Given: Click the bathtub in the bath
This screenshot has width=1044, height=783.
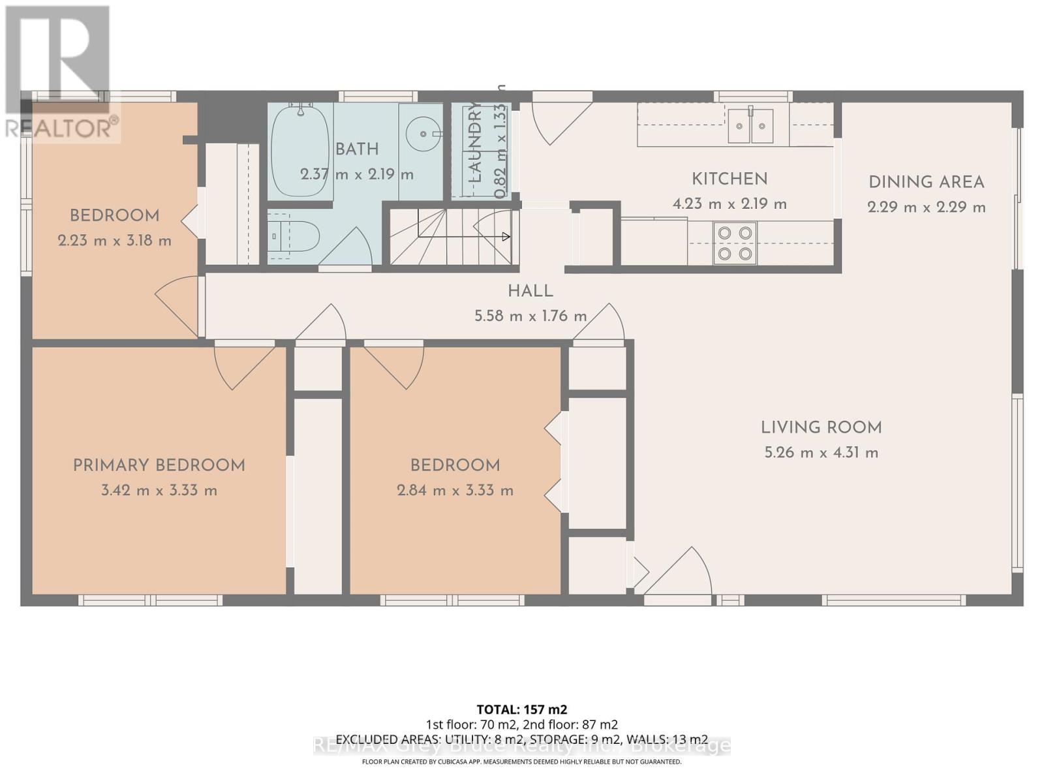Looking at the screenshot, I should [x=299, y=151].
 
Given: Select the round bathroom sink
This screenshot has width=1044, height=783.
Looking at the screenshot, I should [x=421, y=134].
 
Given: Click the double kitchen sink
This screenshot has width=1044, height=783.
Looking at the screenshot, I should [x=750, y=125].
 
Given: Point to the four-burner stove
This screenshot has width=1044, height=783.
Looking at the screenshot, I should [x=735, y=243].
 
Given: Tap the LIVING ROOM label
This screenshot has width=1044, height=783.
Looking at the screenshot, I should [x=821, y=427].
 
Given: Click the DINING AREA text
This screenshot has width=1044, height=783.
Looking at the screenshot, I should [x=926, y=182].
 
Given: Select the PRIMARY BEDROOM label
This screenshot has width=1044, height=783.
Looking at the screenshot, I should [x=159, y=465].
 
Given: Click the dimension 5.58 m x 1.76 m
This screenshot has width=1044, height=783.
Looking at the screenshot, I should [x=530, y=316].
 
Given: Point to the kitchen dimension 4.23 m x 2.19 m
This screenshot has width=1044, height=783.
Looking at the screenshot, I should [x=729, y=204].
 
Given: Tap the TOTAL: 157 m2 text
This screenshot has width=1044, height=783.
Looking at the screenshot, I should [x=521, y=709].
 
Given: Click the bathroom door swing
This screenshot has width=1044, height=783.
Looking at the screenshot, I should [x=349, y=248].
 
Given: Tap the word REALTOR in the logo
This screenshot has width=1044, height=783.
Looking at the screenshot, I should [x=59, y=128].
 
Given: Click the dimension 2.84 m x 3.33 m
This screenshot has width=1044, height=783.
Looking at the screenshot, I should [x=455, y=490].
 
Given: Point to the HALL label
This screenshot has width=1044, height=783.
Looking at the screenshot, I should [x=530, y=291].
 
